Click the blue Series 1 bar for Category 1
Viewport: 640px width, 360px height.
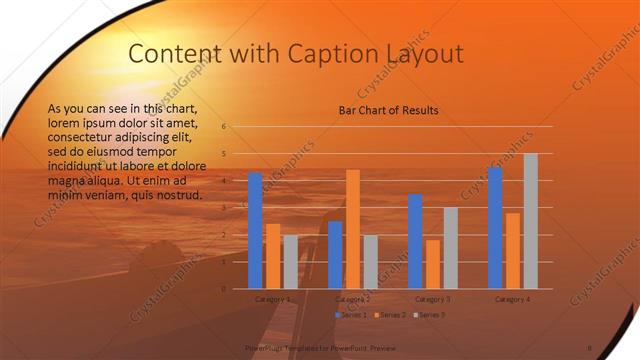(x=255, y=230)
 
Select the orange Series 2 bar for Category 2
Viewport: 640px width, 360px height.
(x=353, y=229)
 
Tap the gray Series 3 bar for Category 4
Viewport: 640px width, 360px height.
(x=531, y=221)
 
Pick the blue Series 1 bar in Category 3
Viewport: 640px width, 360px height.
(x=415, y=241)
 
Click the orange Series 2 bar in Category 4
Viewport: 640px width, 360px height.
(x=513, y=250)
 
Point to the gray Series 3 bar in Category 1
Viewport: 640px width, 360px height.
(x=290, y=261)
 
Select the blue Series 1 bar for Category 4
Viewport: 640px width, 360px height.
(x=495, y=228)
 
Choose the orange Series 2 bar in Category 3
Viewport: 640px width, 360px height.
(x=433, y=264)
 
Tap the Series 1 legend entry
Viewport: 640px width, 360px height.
(x=352, y=315)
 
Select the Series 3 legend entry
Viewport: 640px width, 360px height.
(x=429, y=315)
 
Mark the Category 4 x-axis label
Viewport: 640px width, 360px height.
(x=513, y=299)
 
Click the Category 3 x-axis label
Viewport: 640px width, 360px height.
(x=433, y=299)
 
